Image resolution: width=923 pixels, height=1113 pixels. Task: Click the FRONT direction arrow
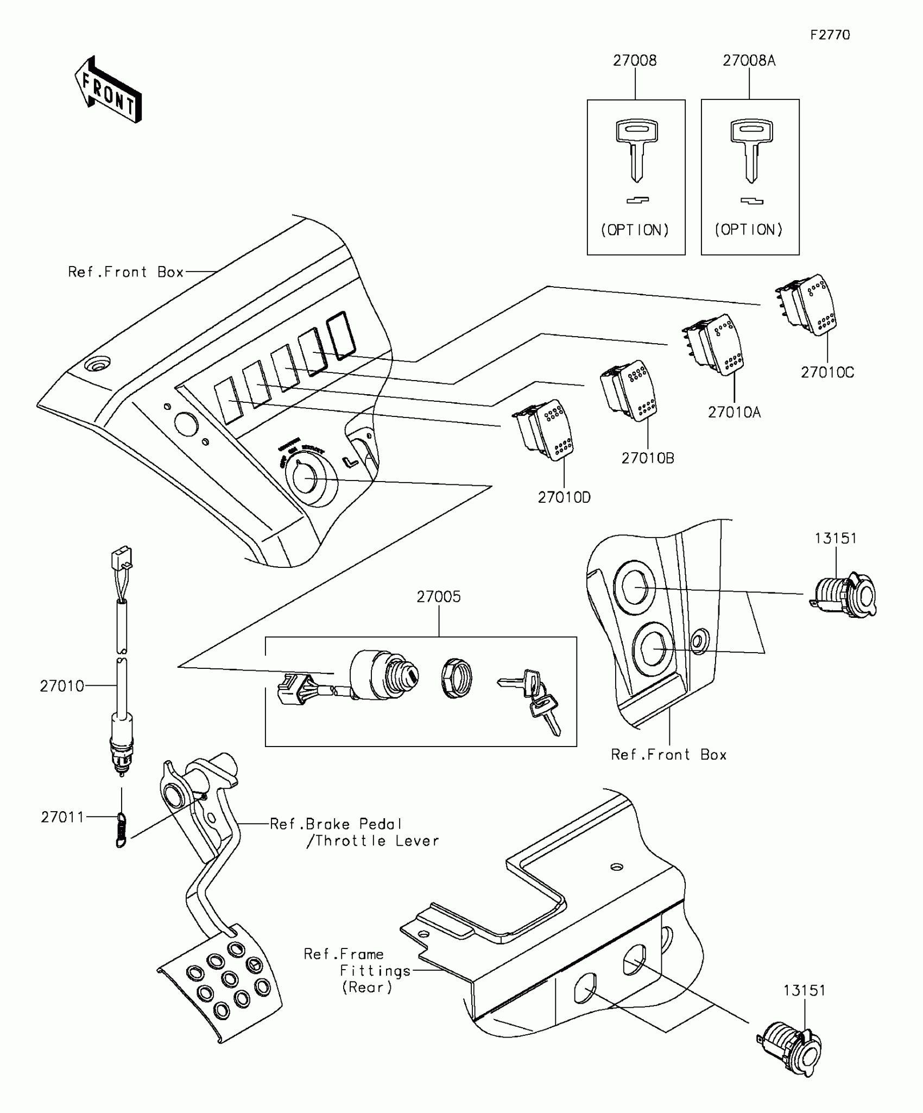108,90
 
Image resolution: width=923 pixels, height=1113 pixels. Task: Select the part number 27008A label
749,61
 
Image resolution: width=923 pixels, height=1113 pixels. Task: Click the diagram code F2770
830,35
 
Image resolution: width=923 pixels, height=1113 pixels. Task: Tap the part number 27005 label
439,597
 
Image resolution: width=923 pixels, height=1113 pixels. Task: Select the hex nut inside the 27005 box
457,678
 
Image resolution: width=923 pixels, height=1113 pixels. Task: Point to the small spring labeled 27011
121,830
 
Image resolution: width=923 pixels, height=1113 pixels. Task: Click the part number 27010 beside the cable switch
62,686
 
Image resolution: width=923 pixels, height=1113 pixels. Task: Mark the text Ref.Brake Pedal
336,824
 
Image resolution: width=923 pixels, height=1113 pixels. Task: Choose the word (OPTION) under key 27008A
749,230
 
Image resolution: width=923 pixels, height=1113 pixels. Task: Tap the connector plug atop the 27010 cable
122,557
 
